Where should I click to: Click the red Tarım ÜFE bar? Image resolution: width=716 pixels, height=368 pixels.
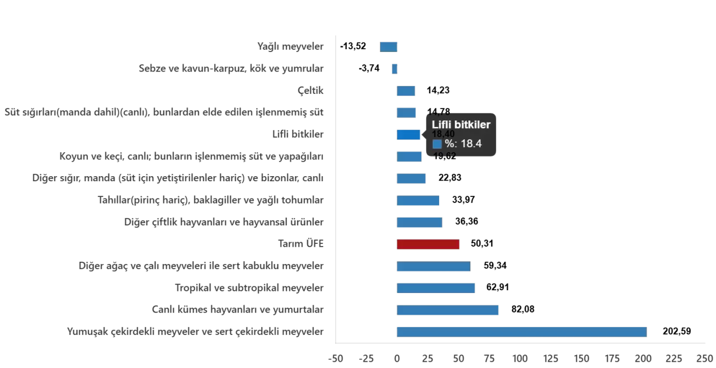pos(428,244)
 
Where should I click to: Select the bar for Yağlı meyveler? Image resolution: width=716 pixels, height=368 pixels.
pos(389,46)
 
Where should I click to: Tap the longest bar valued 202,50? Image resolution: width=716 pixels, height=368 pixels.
pos(521,332)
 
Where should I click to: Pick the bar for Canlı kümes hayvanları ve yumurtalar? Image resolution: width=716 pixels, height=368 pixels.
pos(447,310)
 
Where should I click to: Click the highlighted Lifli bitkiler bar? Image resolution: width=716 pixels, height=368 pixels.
pos(408,135)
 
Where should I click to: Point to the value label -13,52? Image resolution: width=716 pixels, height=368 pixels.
pos(353,46)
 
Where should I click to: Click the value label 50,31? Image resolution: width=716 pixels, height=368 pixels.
pos(482,244)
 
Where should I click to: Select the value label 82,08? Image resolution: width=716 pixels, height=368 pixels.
pos(522,310)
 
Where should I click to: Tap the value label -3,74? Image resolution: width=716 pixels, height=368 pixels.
pos(369,69)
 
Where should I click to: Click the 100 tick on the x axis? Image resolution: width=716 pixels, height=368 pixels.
pos(520,358)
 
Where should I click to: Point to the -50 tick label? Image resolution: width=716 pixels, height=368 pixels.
pos(335,358)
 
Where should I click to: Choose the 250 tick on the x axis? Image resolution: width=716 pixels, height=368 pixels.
pos(704,358)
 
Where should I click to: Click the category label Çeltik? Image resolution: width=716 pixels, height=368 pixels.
pos(310,91)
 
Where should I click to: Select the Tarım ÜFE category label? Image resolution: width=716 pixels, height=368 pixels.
pos(300,244)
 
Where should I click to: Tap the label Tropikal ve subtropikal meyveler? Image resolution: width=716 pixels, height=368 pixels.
pos(249,288)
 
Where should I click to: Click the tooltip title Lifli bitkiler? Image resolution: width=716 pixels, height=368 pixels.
pos(461,125)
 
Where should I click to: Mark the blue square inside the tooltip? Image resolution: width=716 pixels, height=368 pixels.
pos(437,144)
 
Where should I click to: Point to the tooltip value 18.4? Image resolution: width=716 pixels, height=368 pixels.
pos(471,144)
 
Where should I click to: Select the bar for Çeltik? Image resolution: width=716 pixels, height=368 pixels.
pos(406,91)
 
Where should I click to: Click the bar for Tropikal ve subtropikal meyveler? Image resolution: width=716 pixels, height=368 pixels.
pos(436,288)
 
